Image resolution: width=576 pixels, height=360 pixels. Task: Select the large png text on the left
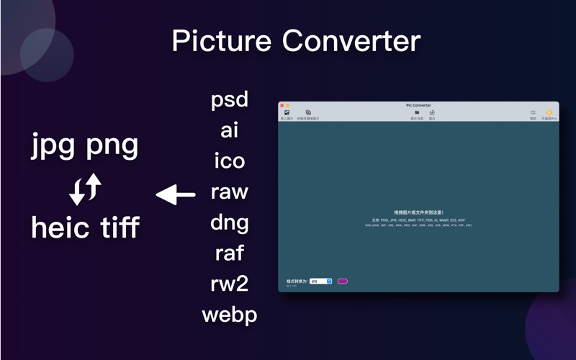click(x=112, y=146)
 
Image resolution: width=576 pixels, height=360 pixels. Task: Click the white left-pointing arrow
click(x=176, y=194)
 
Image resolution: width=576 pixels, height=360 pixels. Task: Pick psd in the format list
click(x=230, y=99)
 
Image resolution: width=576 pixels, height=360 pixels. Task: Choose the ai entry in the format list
click(x=230, y=130)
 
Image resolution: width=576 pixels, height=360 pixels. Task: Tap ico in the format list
click(x=230, y=161)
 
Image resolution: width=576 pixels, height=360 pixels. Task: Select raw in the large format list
click(x=230, y=192)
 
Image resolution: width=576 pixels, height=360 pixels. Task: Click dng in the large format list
click(x=230, y=222)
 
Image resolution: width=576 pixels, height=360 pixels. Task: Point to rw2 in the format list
click(x=230, y=284)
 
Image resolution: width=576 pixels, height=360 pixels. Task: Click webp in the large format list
click(x=230, y=315)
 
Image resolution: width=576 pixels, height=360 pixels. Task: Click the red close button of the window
click(x=282, y=106)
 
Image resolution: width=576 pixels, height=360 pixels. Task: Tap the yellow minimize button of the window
click(x=288, y=106)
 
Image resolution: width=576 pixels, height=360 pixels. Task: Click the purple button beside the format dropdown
click(x=343, y=281)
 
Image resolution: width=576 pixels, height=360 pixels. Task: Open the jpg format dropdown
click(x=321, y=281)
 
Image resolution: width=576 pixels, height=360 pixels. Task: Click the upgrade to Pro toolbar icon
click(x=549, y=113)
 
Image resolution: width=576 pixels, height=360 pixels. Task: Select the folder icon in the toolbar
click(x=417, y=113)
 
